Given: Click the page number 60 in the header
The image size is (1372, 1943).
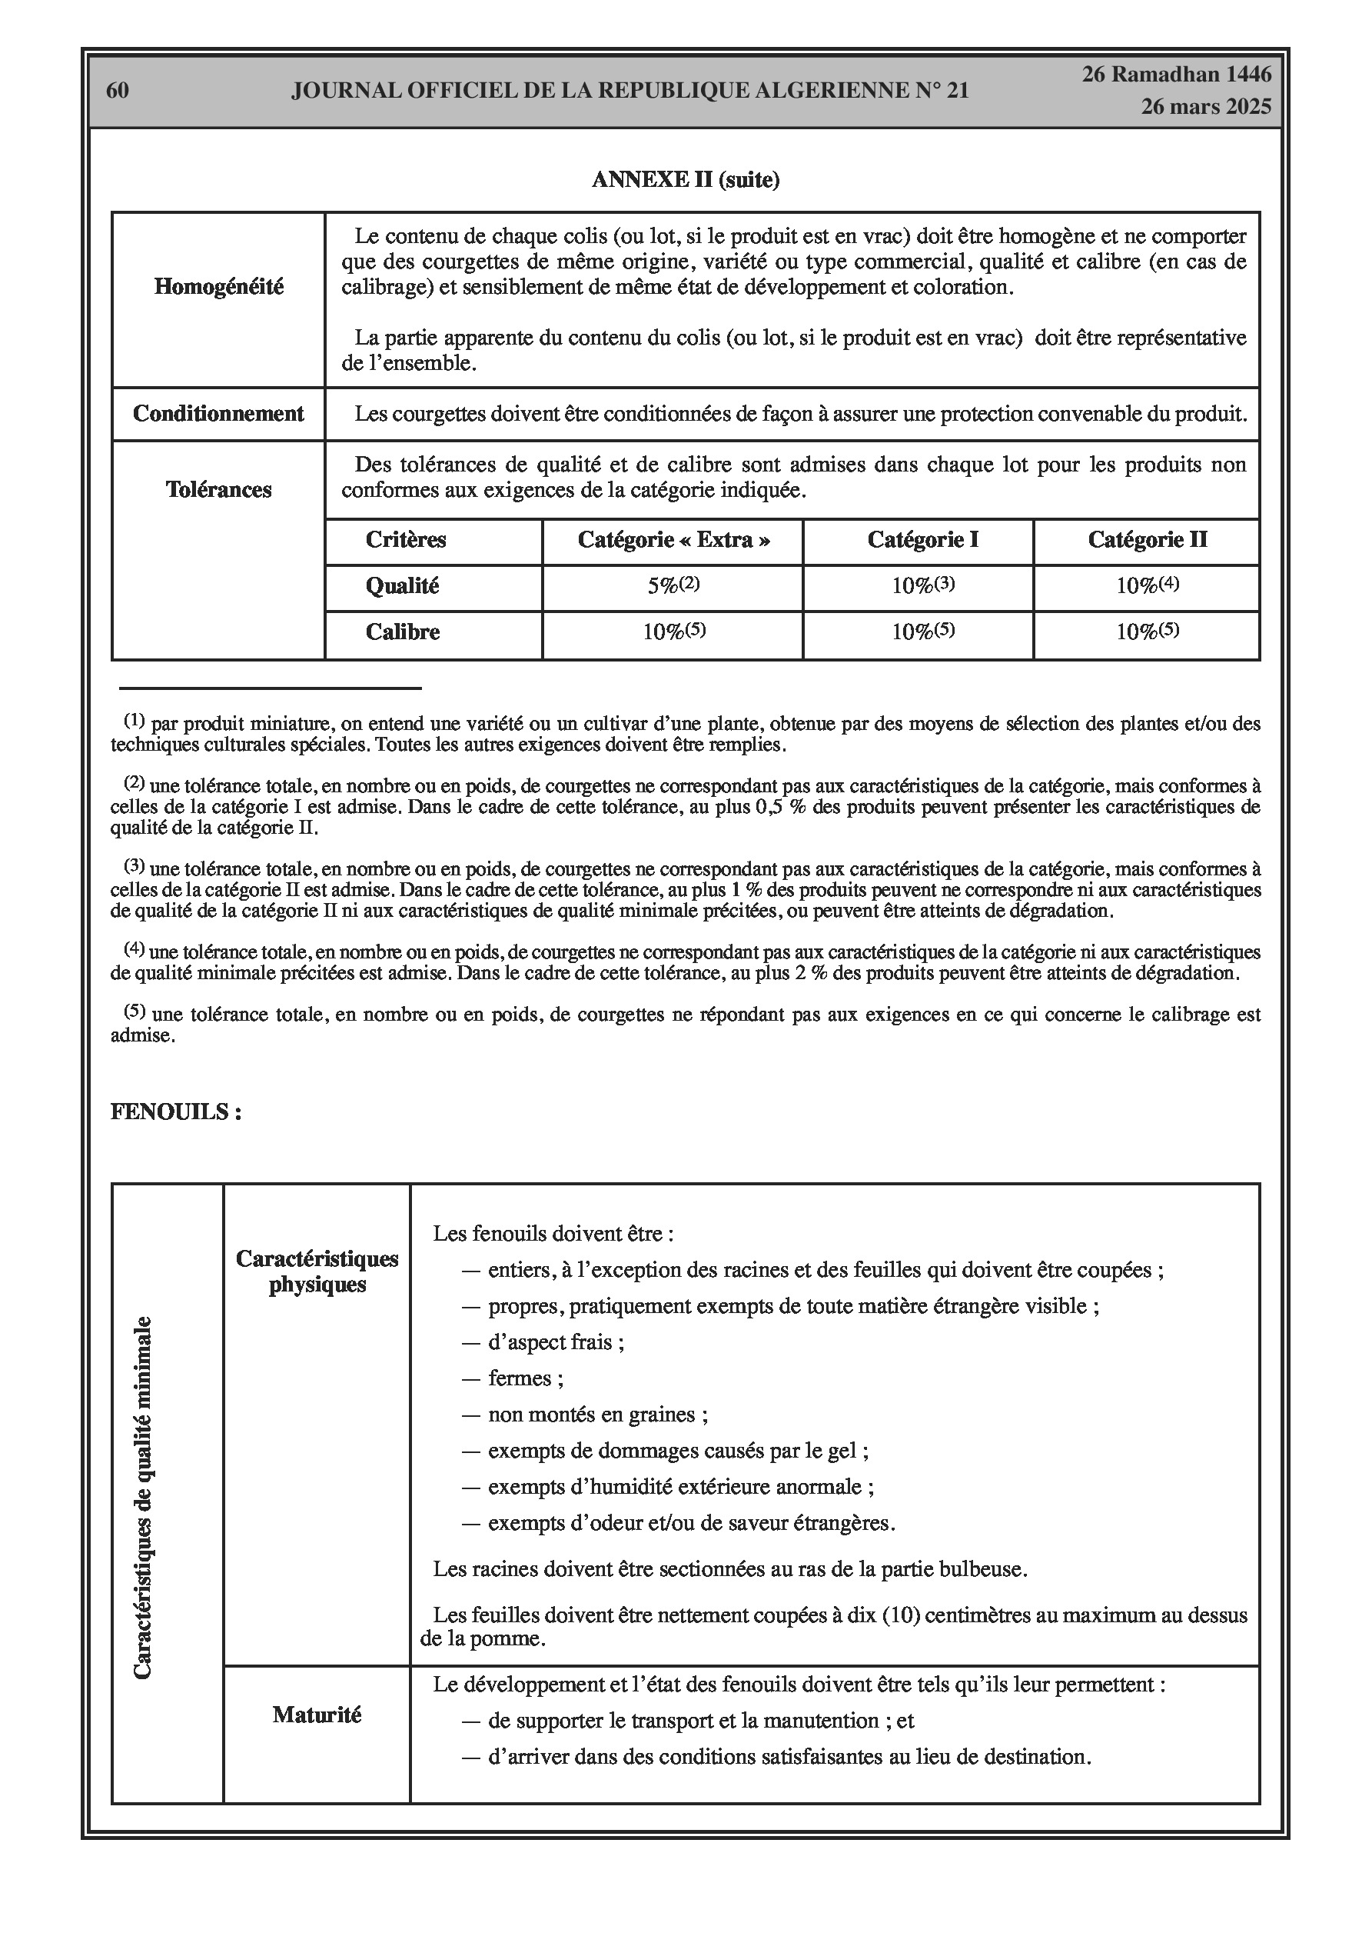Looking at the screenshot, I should tap(118, 91).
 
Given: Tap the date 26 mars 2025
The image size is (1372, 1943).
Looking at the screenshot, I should tap(1205, 107).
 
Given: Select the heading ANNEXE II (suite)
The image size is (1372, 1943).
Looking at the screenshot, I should tap(685, 179).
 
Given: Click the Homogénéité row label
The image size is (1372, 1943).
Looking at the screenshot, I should tap(218, 287).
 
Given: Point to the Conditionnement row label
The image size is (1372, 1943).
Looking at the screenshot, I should tap(218, 414).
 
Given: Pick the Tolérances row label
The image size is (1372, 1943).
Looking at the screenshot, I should tap(218, 490).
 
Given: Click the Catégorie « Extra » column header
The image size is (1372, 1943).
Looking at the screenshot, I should tap(673, 540).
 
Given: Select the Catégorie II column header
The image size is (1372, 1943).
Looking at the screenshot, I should tap(1147, 540).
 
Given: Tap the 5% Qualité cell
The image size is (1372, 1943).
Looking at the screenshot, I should tap(673, 585).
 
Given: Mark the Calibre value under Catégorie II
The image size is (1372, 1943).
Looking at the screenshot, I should tap(1147, 632).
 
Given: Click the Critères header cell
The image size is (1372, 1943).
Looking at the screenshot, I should tap(405, 540).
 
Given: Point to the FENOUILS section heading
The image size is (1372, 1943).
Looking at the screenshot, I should tap(176, 1112).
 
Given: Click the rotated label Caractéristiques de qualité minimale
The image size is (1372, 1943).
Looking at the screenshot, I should tap(143, 1497).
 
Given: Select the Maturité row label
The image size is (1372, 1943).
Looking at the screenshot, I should tap(317, 1715).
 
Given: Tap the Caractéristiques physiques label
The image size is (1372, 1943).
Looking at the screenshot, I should tap(317, 1271).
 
